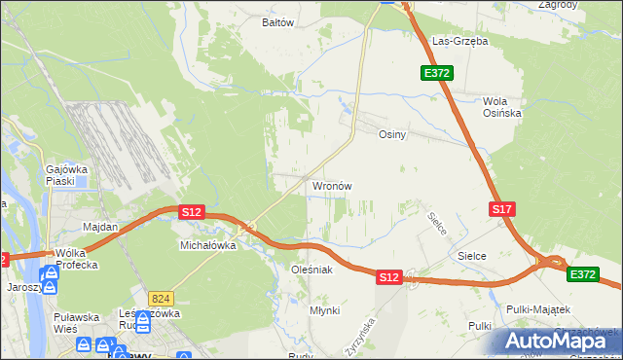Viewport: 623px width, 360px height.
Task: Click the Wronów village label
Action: (332, 185)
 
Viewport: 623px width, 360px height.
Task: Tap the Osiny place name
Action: (391, 135)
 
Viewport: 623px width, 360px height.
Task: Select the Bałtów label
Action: (278, 22)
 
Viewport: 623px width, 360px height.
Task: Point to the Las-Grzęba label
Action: (459, 42)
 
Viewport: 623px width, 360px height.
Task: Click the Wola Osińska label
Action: (502, 107)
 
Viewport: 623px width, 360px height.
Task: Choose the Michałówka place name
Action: (208, 246)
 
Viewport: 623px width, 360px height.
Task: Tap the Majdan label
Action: (100, 227)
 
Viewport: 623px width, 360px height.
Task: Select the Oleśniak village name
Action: (312, 270)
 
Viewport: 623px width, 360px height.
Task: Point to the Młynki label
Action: (324, 310)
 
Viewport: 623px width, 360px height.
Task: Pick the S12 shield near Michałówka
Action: (191, 212)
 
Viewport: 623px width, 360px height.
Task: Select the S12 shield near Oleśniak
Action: (389, 277)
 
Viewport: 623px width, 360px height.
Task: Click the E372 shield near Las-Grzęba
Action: (435, 74)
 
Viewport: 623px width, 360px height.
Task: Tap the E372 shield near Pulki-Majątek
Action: (583, 275)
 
